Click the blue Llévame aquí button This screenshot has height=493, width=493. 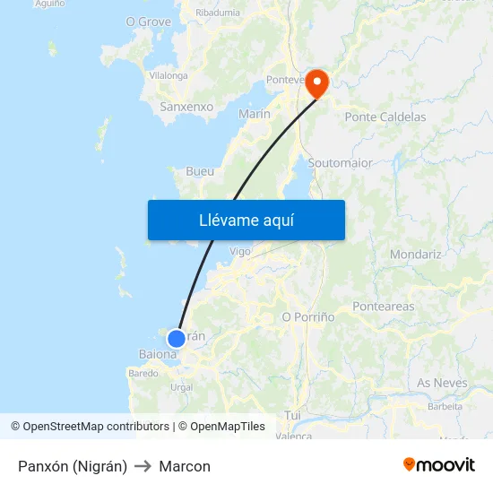coord(246,220)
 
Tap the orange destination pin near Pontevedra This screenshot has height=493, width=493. coord(317,84)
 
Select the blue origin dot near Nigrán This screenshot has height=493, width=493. coord(177,338)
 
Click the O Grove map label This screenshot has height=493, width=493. coord(148,22)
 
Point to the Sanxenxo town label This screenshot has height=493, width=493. coord(186,107)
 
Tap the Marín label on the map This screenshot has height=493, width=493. coord(255,114)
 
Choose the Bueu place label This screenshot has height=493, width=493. coord(199,170)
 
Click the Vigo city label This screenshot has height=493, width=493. coord(240,252)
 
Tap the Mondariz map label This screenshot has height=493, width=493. coord(415,255)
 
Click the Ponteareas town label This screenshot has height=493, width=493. coord(384,307)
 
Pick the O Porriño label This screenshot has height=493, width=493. coord(308,317)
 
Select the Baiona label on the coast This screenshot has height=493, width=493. coord(157,354)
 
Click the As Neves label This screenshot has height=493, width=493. coord(442,383)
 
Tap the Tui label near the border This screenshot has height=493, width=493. coord(292,415)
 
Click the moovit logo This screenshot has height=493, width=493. coord(438,464)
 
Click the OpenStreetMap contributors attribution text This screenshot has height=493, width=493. coord(95,427)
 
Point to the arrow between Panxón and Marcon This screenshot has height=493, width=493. coord(143,466)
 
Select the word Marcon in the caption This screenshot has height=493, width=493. coord(185,466)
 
